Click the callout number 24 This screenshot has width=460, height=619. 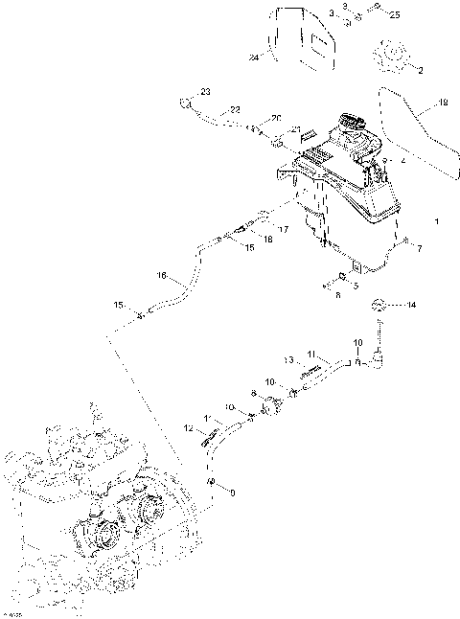(x=254, y=58)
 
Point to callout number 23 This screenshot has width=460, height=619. (x=204, y=91)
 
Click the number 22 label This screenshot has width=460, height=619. (x=235, y=111)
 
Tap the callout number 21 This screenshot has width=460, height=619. (x=296, y=128)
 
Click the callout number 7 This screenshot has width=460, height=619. (x=419, y=249)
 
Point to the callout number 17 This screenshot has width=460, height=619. (x=283, y=229)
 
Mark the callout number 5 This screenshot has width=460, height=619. (x=356, y=285)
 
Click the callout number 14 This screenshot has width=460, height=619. (x=412, y=307)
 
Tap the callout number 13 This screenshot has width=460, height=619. (x=287, y=359)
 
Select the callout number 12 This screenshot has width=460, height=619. (x=187, y=426)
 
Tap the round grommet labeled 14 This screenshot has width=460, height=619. (x=379, y=306)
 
